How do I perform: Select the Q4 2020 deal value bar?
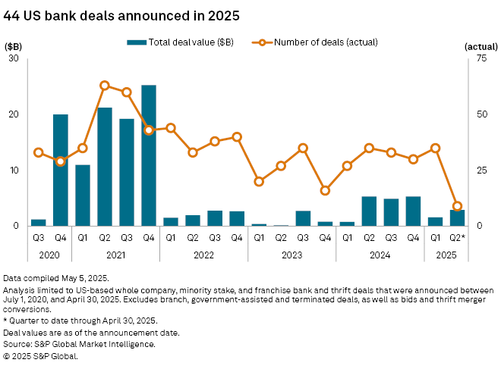[x=61, y=170]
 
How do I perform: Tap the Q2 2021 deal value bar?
[x=105, y=167]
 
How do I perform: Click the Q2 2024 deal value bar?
[x=369, y=211]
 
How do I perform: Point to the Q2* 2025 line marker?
[x=457, y=206]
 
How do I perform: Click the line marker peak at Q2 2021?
[x=105, y=85]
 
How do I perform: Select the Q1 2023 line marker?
[x=259, y=181]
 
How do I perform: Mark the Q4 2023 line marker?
[x=325, y=190]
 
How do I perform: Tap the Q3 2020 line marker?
[x=39, y=152]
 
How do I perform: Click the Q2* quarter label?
[x=457, y=238]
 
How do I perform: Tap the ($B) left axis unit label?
[x=14, y=46]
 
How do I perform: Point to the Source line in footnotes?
[x=79, y=344]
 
